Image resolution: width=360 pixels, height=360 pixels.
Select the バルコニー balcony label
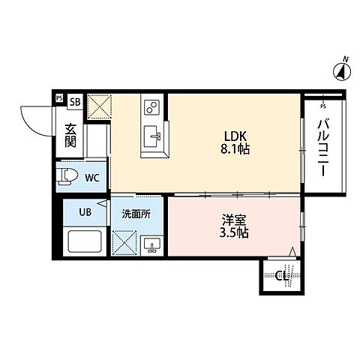point(323,146)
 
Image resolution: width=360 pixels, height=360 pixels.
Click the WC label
point(91,178)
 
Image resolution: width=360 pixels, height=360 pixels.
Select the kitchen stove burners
point(150,106)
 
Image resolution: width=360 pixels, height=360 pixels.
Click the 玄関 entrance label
point(70,135)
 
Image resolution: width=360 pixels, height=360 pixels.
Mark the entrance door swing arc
point(34,120)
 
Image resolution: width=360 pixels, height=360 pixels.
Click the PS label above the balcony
point(323,97)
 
